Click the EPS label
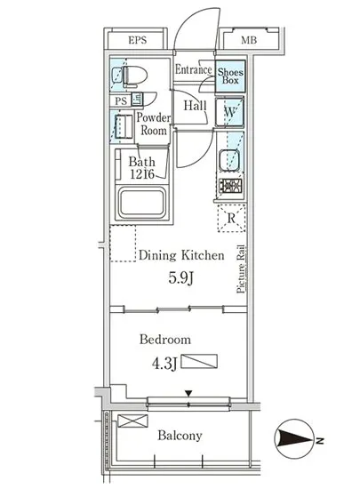tap(138, 40)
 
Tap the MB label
tap(249, 40)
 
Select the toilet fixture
tap(132, 76)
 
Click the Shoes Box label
tap(230, 76)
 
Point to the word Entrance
tap(193, 69)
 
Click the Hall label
tap(196, 106)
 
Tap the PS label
tap(121, 101)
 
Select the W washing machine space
tap(229, 112)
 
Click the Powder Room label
tap(154, 124)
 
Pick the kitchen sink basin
tap(229, 161)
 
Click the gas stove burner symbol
tap(230, 187)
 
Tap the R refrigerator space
tap(231, 219)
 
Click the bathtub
tap(142, 203)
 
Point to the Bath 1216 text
tap(142, 168)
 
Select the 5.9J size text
tap(181, 278)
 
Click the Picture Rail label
tap(241, 269)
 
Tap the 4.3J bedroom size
tap(164, 364)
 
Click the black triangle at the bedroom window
tap(188, 393)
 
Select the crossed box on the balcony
tap(132, 421)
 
